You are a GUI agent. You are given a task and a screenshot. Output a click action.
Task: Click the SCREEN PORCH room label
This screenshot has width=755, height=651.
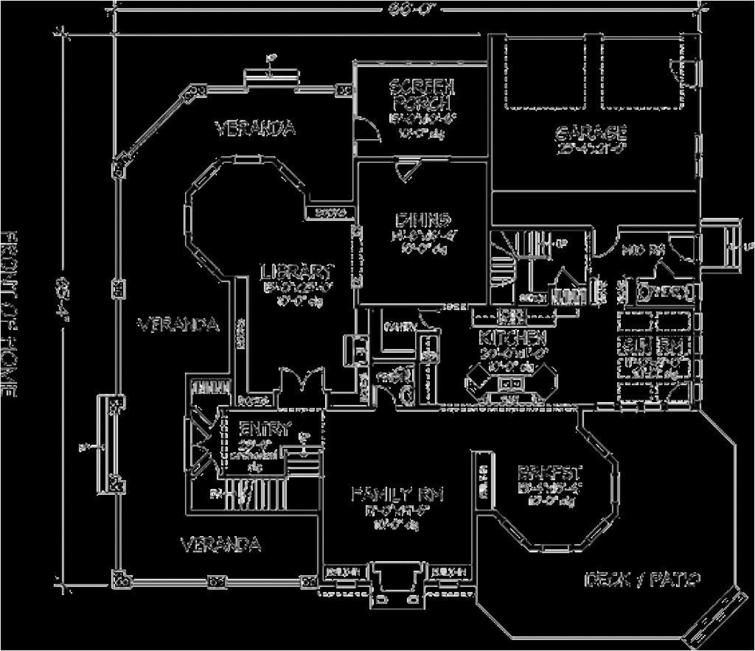click(422, 94)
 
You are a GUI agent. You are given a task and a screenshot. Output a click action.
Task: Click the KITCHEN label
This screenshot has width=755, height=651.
click(512, 338)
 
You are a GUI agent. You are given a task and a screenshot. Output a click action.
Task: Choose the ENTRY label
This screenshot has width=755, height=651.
click(265, 428)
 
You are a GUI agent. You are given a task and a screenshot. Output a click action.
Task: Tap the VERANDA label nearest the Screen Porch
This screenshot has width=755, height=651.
click(256, 128)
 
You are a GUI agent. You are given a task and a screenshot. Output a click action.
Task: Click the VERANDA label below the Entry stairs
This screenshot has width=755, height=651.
click(220, 544)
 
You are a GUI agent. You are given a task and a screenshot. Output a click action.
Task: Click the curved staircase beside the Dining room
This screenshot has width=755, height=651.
click(503, 258)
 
